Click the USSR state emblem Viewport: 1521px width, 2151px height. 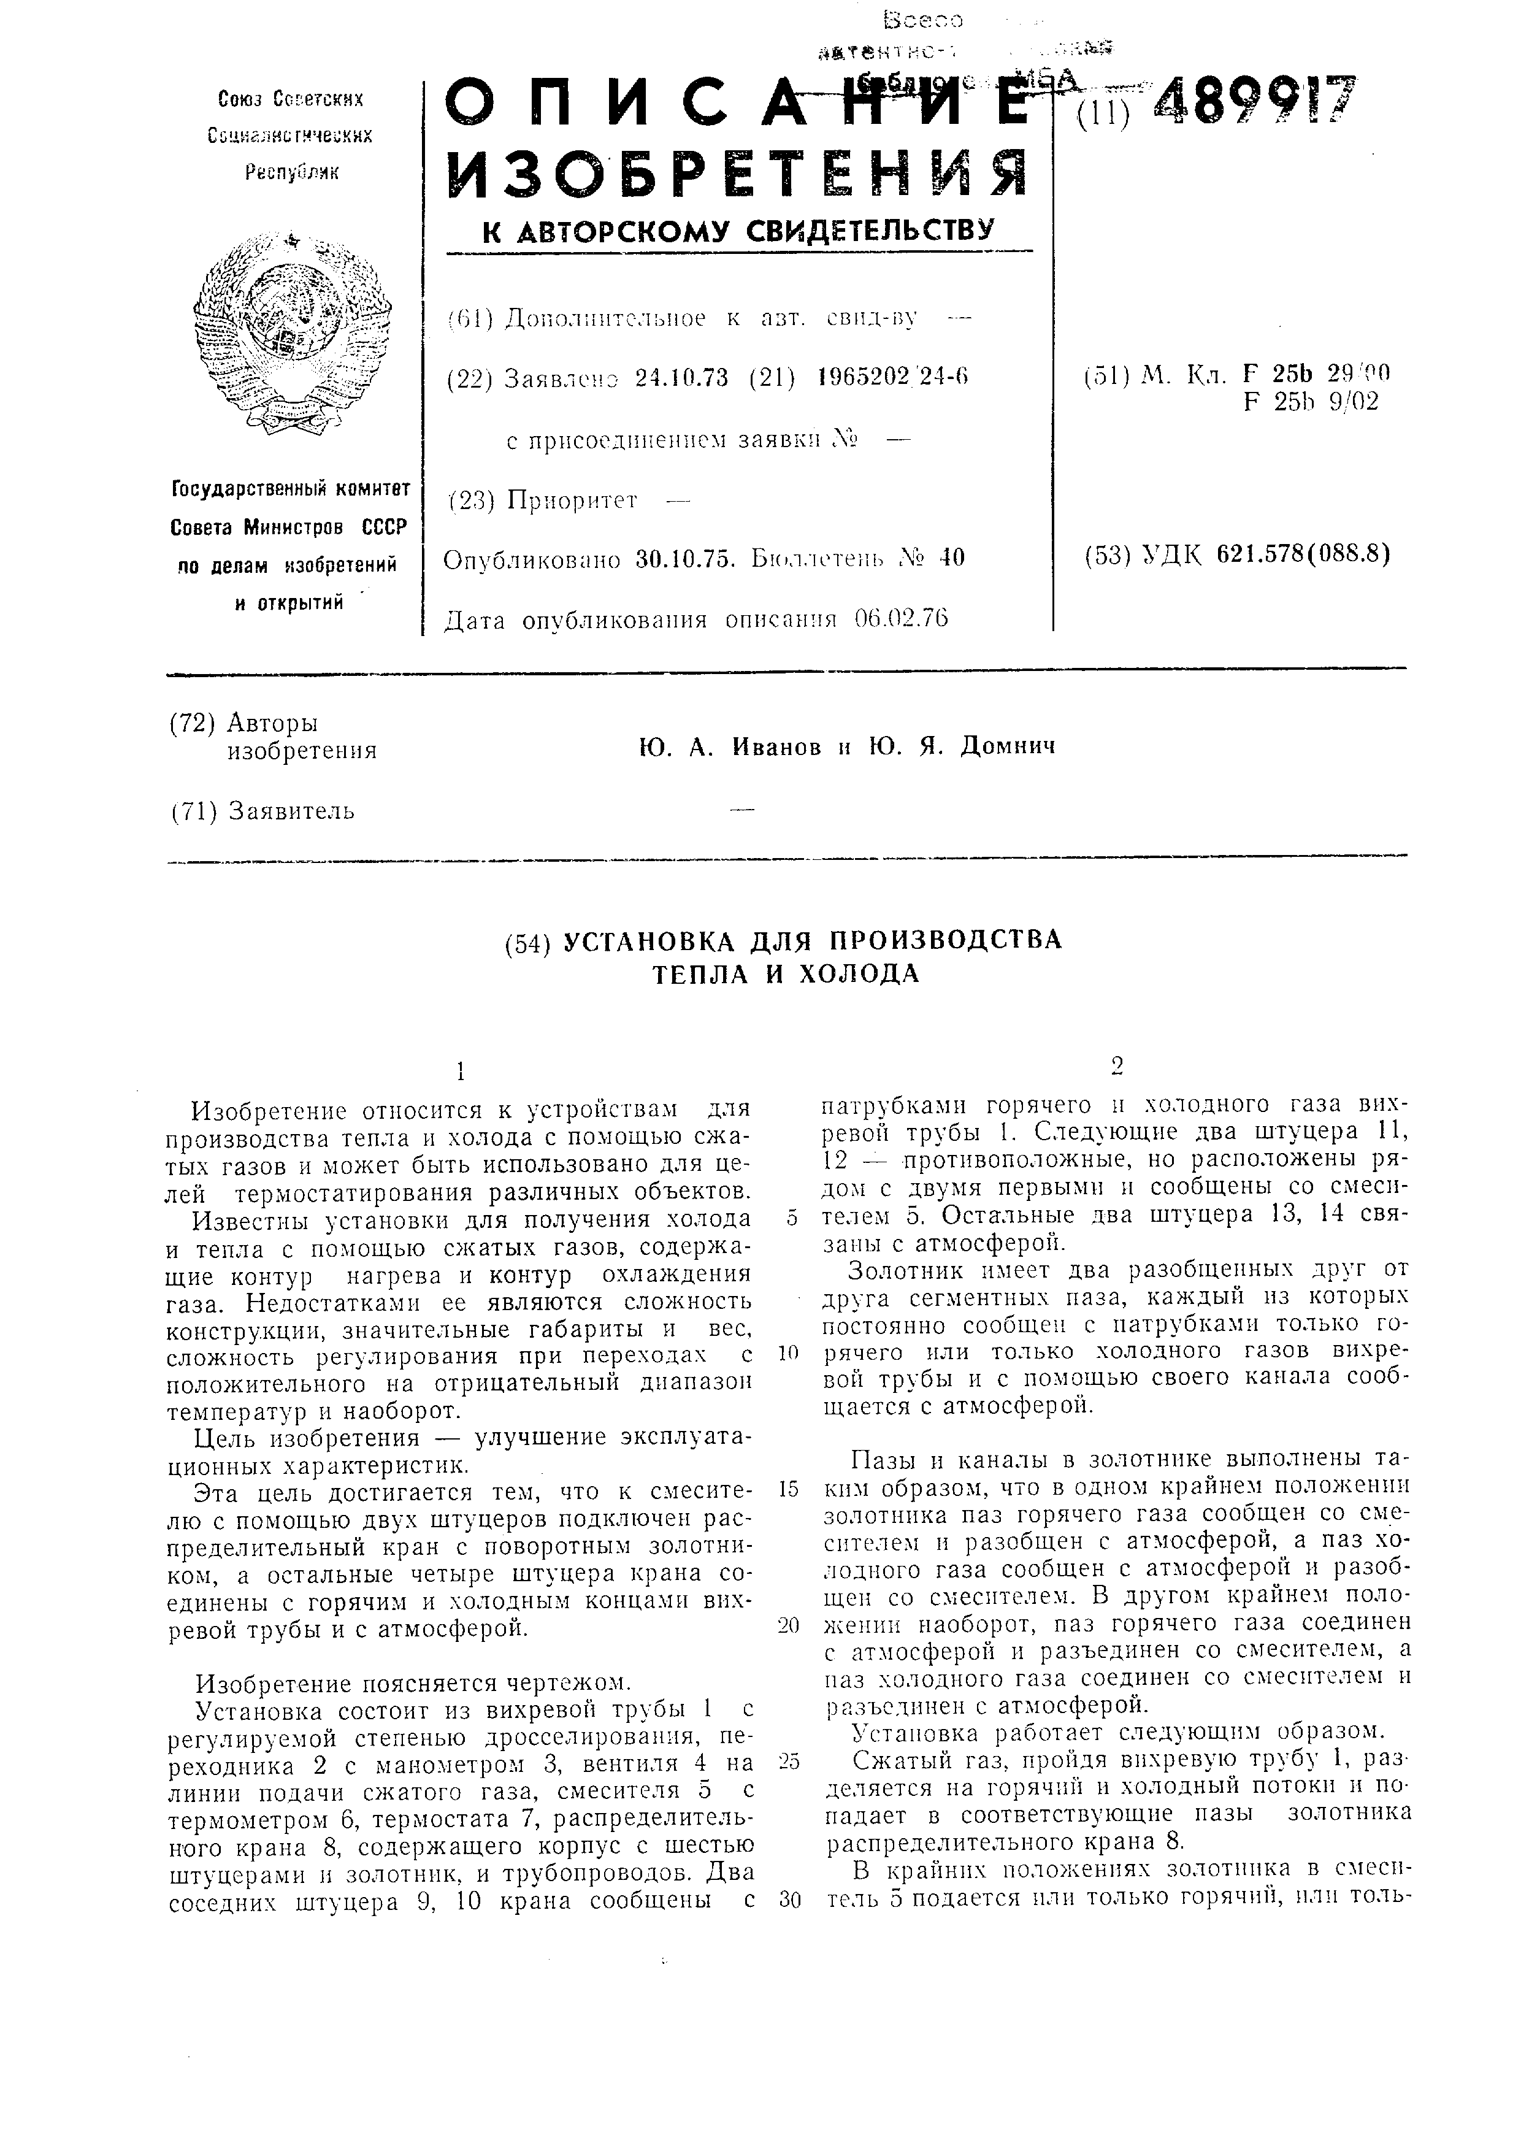pyautogui.click(x=291, y=332)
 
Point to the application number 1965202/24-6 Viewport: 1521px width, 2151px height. pyautogui.click(x=892, y=378)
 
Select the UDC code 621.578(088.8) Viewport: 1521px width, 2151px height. pyautogui.click(x=1303, y=554)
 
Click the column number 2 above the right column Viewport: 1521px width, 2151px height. pyautogui.click(x=1116, y=1066)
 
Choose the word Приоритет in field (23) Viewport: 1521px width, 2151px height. pyautogui.click(x=572, y=500)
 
